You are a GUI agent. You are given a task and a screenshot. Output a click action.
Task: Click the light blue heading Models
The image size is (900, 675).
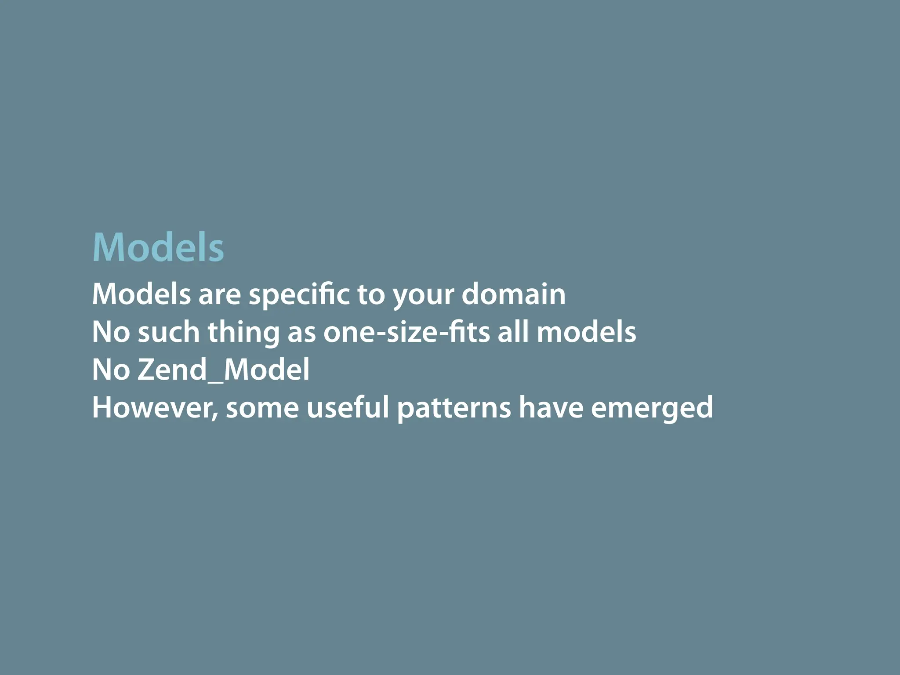coord(158,247)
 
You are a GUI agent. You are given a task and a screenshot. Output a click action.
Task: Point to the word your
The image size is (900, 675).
coord(423,295)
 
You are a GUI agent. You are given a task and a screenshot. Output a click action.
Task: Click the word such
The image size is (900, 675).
coord(169,332)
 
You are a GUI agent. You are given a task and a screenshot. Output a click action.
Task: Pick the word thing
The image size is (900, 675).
coord(243,333)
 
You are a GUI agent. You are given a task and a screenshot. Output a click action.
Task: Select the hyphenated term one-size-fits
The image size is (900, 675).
coord(406,332)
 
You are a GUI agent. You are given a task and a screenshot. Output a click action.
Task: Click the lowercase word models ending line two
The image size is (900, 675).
coord(586,332)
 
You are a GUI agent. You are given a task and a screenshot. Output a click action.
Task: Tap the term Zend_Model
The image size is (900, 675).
coord(223,370)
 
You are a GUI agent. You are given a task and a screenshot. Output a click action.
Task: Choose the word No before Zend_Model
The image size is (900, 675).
coord(111,370)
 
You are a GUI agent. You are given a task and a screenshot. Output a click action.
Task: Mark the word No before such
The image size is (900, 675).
coord(111,332)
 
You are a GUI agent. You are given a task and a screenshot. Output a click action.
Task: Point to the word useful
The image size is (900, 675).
coord(348,407)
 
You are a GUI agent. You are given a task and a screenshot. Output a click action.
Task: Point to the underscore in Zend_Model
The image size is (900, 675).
coord(215,381)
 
